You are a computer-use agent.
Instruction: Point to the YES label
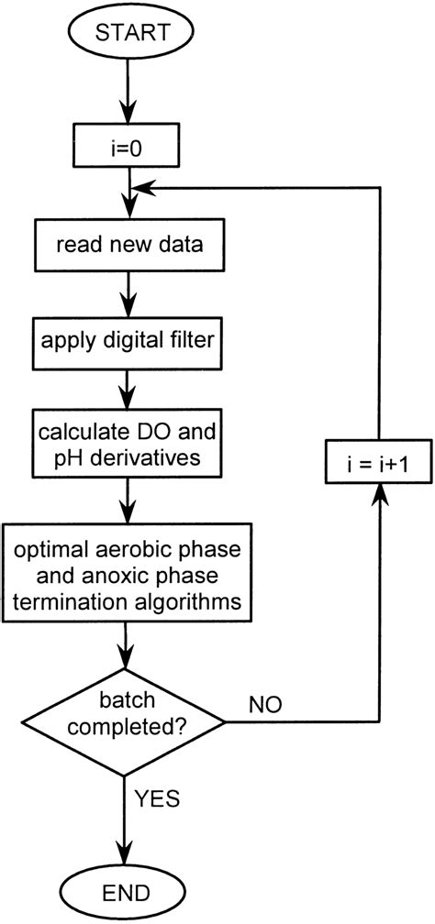coord(160,799)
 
